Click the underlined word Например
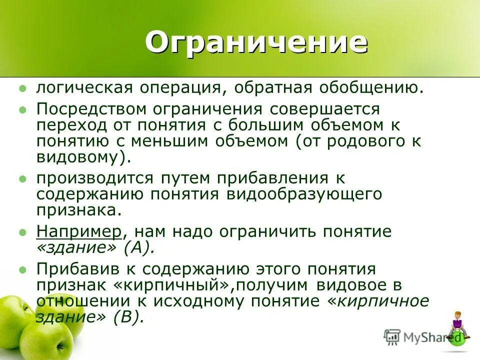coord(79,232)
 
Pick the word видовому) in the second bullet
coord(83,157)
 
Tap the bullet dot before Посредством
coord(21,109)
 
